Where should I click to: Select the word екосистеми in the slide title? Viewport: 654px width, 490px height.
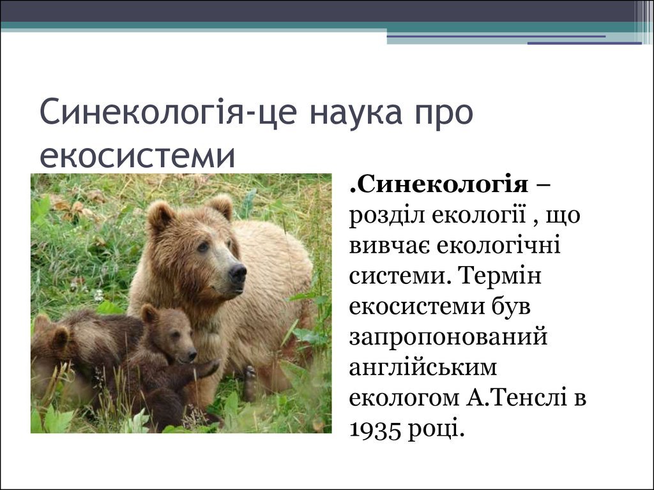(138, 155)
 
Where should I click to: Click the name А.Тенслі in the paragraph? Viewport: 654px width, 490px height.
(516, 397)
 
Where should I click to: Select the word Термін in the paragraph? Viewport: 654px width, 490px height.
(499, 276)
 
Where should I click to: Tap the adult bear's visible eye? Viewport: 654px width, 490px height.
(203, 247)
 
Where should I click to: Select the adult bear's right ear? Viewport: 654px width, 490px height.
(220, 206)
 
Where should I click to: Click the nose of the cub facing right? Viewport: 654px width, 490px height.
(192, 355)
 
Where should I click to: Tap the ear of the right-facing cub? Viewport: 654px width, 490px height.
(148, 314)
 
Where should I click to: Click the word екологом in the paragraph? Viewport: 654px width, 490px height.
(404, 398)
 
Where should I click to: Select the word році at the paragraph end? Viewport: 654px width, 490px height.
(436, 429)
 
